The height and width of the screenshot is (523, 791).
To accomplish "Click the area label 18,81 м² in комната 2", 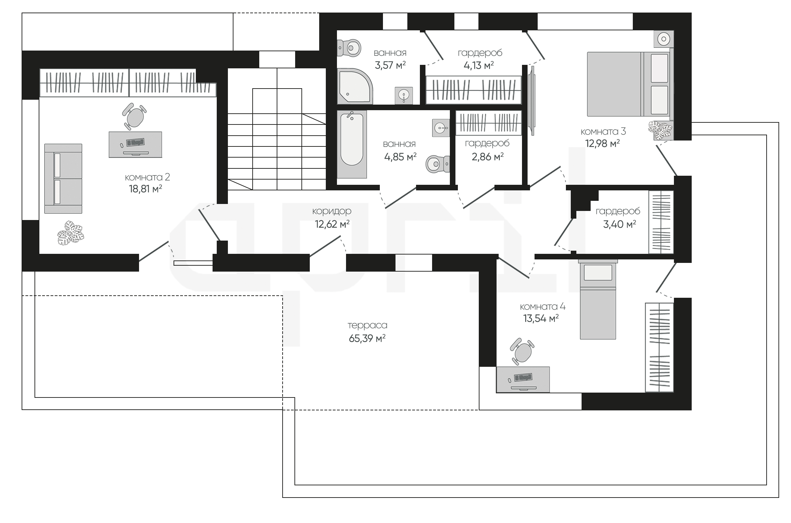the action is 145,189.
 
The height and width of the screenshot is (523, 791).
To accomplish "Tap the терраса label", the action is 367,325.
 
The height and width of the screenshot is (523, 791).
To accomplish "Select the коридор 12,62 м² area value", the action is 332,224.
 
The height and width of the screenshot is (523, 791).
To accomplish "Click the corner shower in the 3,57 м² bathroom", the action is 355,86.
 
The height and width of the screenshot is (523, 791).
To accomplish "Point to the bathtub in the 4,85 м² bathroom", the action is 352,144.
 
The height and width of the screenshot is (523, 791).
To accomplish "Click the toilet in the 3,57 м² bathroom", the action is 350,47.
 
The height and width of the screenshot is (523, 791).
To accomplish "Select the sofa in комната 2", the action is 63,179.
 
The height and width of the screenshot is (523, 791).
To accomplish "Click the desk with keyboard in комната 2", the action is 135,144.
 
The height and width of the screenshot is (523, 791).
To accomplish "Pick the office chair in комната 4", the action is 522,351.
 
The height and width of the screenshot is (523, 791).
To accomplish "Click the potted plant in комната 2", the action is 71,233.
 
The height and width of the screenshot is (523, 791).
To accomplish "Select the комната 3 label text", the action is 603,131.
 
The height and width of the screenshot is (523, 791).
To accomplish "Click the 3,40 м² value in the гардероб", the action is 620,224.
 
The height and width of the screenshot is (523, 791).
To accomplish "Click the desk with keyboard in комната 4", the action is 523,379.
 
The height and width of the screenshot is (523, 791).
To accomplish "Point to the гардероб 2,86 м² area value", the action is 487,157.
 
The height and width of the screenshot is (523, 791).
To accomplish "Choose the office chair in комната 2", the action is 134,116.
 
